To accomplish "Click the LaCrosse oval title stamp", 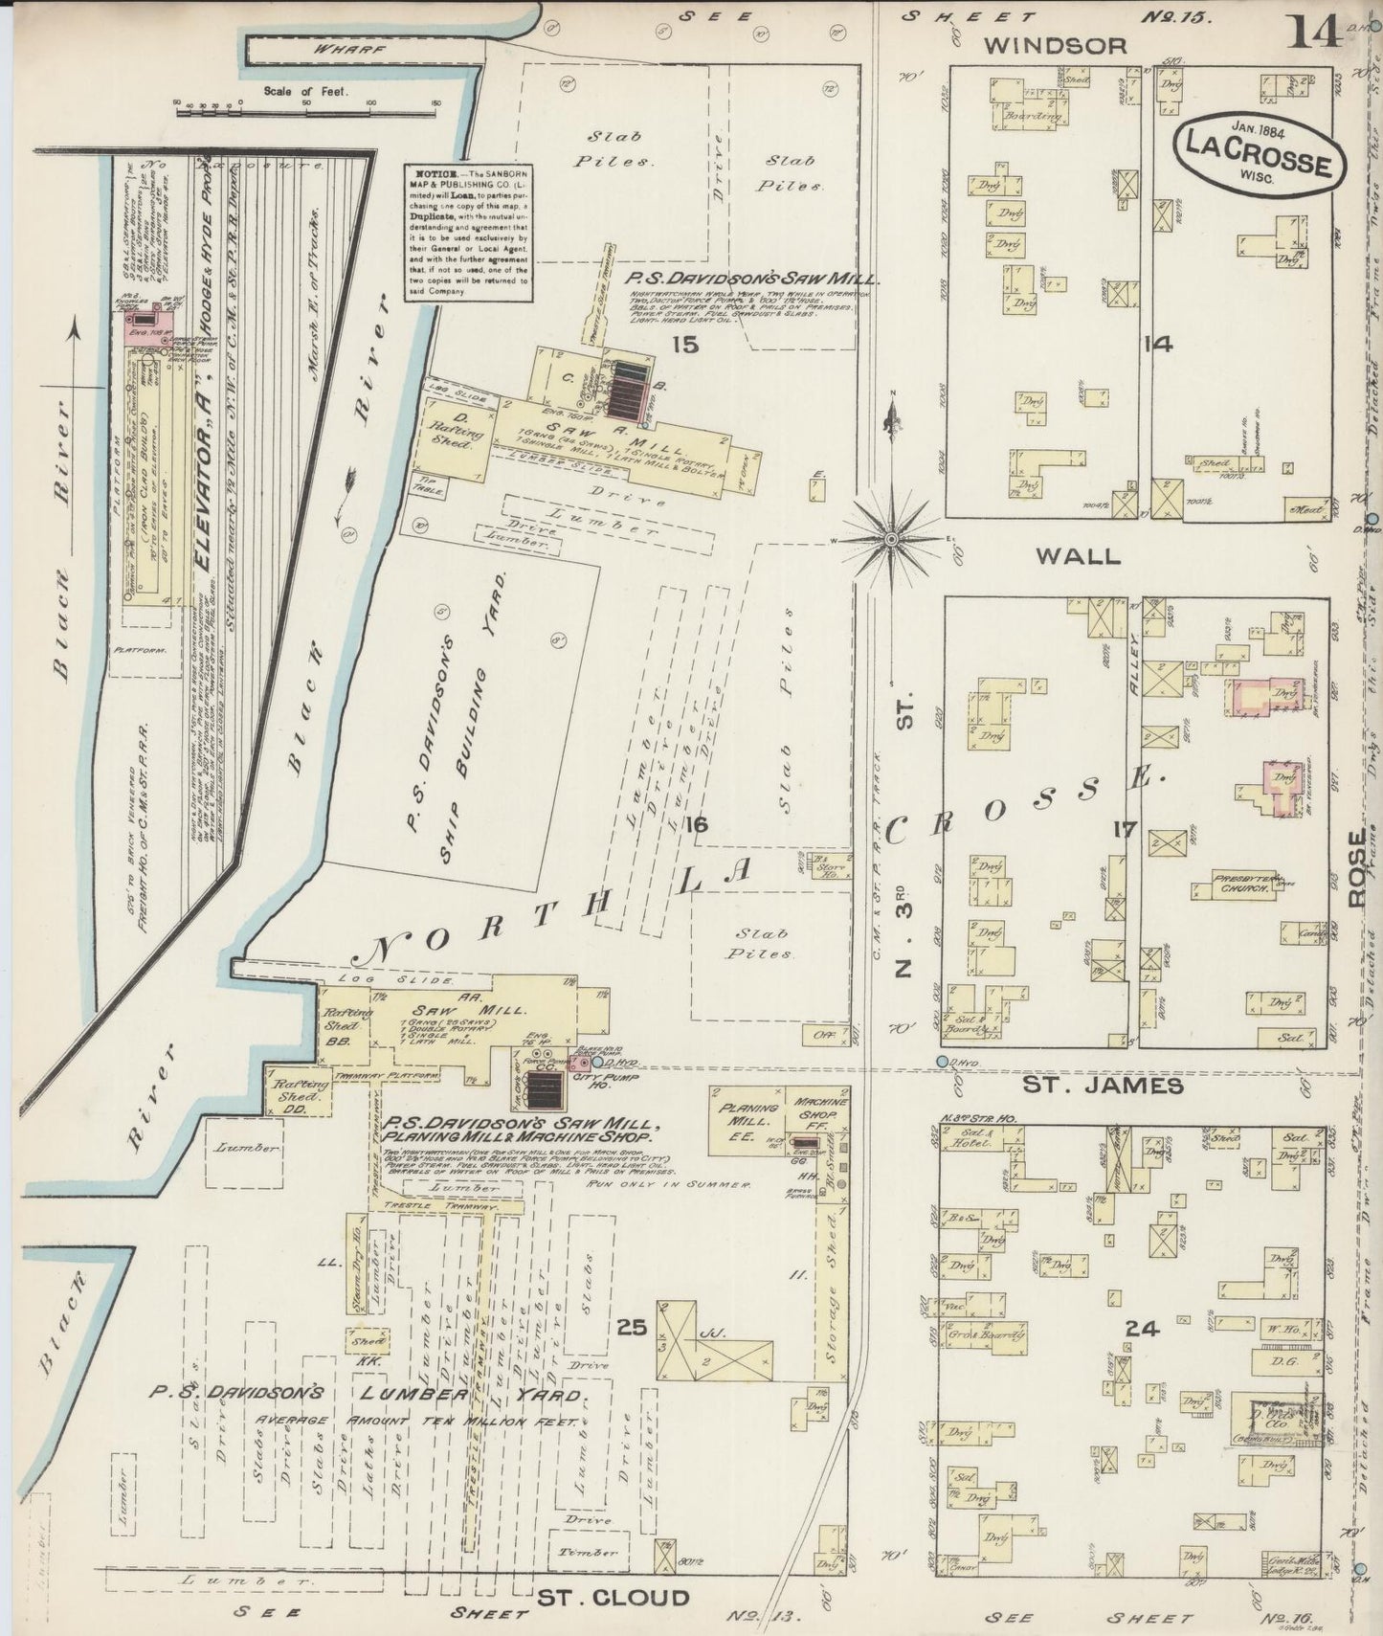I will [x=1258, y=152].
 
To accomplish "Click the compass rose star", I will [x=892, y=540].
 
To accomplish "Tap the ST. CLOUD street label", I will [x=612, y=1597].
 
